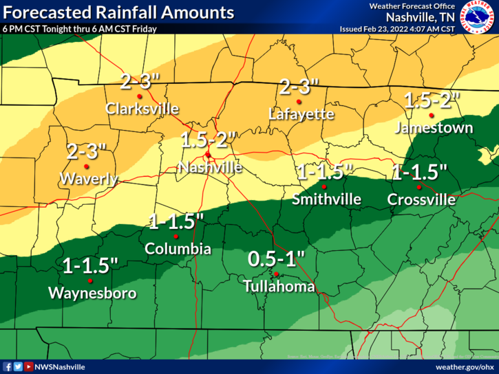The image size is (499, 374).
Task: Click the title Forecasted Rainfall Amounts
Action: [118, 12]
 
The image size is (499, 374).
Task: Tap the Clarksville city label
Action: [142, 109]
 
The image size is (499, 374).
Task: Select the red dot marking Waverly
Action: [87, 166]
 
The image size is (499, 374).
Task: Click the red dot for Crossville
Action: [418, 186]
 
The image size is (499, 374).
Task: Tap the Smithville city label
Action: [327, 199]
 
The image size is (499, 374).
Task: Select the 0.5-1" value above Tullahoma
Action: [276, 259]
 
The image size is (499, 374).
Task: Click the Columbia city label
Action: [178, 250]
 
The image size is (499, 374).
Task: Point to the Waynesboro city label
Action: [92, 294]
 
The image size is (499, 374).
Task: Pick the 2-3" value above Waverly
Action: [87, 151]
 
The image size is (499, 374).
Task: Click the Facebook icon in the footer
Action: [7, 367]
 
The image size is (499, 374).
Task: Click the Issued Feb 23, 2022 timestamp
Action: [397, 29]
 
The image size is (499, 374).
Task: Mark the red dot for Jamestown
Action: [432, 115]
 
